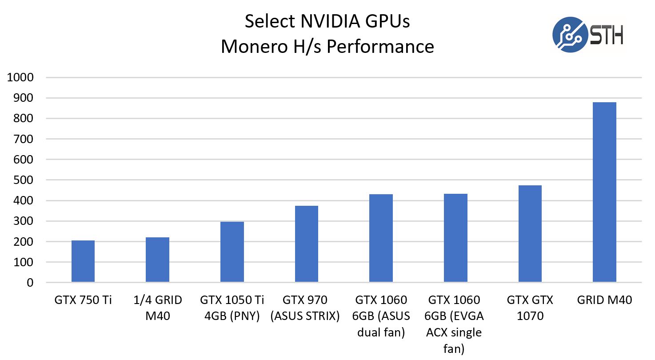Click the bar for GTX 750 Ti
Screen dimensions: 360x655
[x=83, y=261]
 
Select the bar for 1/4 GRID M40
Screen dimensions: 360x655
[x=158, y=260]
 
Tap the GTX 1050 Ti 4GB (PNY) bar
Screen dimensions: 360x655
[x=232, y=252]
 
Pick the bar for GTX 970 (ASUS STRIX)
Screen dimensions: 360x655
[x=307, y=244]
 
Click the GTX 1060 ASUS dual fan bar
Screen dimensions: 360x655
[x=381, y=238]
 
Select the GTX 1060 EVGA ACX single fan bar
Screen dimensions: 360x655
[x=455, y=238]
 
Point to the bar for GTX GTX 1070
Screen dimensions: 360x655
[x=530, y=234]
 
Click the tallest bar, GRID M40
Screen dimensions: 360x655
[x=604, y=192]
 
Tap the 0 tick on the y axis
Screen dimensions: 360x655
[x=30, y=283]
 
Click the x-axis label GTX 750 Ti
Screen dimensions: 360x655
[x=83, y=300]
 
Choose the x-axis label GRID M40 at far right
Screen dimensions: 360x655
[x=604, y=300]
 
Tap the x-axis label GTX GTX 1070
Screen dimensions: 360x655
[x=530, y=308]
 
